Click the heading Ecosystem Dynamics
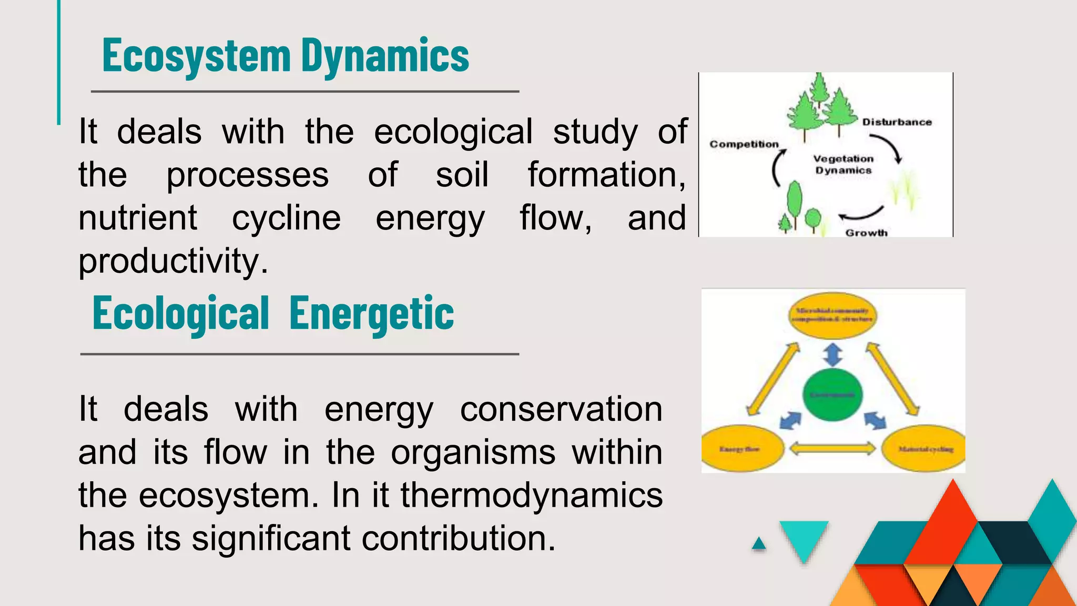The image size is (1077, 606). pyautogui.click(x=286, y=56)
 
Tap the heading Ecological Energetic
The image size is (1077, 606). pyautogui.click(x=273, y=314)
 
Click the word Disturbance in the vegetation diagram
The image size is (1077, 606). pyautogui.click(x=897, y=122)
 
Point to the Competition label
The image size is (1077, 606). pyautogui.click(x=744, y=144)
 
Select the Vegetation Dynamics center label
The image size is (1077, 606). pyautogui.click(x=843, y=164)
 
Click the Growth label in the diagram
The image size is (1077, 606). pyautogui.click(x=866, y=233)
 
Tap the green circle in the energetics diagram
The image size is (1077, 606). pyautogui.click(x=832, y=395)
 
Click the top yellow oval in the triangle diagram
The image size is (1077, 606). pyautogui.click(x=832, y=315)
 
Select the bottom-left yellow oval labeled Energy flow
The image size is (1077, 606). pyautogui.click(x=742, y=449)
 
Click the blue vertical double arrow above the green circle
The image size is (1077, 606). pyautogui.click(x=832, y=355)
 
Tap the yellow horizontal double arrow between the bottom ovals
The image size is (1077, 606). pyautogui.click(x=832, y=449)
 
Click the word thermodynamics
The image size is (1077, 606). pyautogui.click(x=532, y=496)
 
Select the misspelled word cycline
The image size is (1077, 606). pyautogui.click(x=286, y=218)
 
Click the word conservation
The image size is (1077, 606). pyautogui.click(x=561, y=409)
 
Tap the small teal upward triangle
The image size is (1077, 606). pyautogui.click(x=759, y=544)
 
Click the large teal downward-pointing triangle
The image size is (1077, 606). pyautogui.click(x=804, y=538)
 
